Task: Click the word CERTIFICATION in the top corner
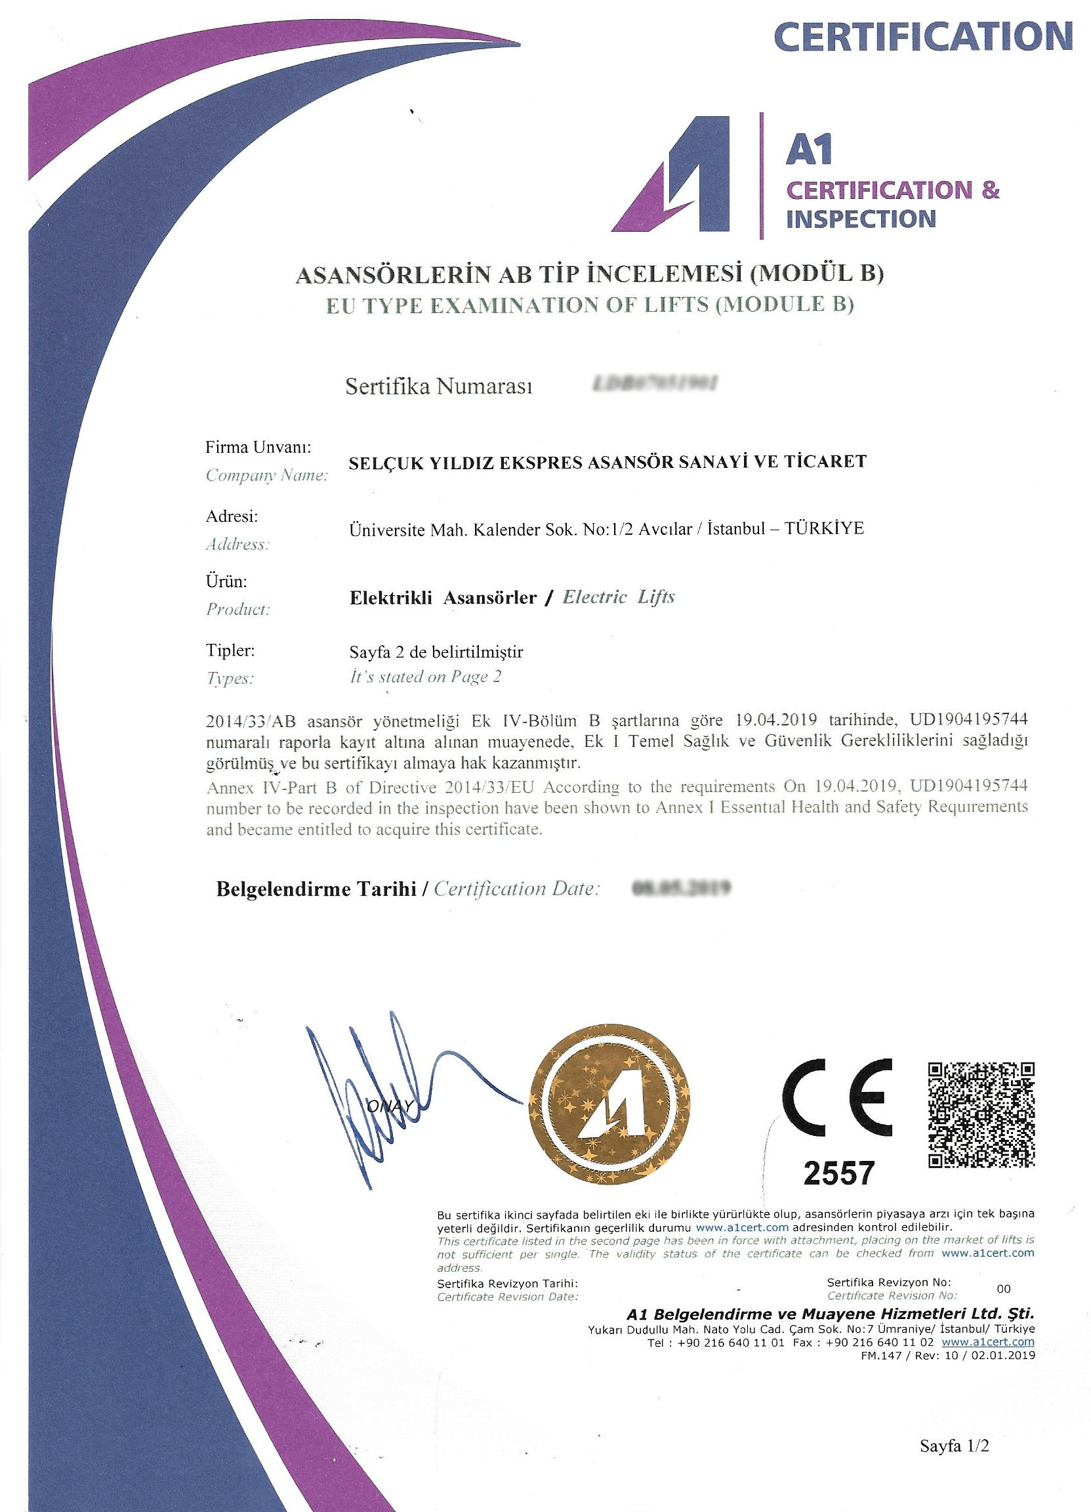click(x=923, y=37)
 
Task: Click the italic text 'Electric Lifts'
click(x=619, y=597)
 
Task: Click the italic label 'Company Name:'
click(x=266, y=476)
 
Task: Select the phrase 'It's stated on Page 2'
click(x=425, y=677)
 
